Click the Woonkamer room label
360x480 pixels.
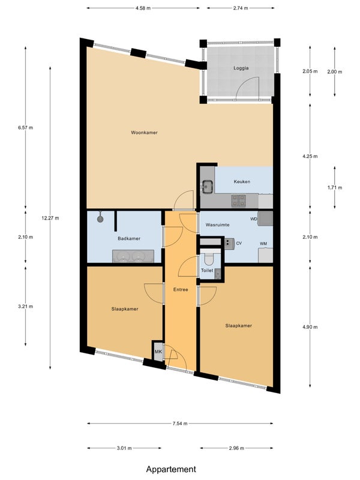(x=144, y=133)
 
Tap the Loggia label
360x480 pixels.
(x=241, y=68)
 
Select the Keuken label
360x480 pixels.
(x=242, y=182)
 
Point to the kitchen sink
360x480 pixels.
(x=208, y=187)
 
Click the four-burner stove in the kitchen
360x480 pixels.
(x=238, y=200)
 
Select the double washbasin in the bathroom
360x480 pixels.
(x=133, y=256)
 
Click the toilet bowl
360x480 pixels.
(x=209, y=260)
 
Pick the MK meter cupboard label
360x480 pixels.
(x=158, y=352)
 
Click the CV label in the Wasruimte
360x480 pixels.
(x=239, y=244)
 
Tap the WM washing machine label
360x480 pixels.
(x=263, y=244)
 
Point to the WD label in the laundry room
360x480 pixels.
(x=254, y=219)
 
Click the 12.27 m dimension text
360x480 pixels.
(x=50, y=218)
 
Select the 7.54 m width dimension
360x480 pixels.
(x=179, y=424)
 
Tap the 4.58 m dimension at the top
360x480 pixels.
(x=143, y=8)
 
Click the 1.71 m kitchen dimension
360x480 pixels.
(x=335, y=188)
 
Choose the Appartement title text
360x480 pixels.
(x=171, y=469)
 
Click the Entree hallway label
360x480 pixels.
(x=181, y=289)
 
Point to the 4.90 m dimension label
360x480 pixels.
(x=310, y=327)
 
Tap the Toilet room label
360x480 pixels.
(x=207, y=271)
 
